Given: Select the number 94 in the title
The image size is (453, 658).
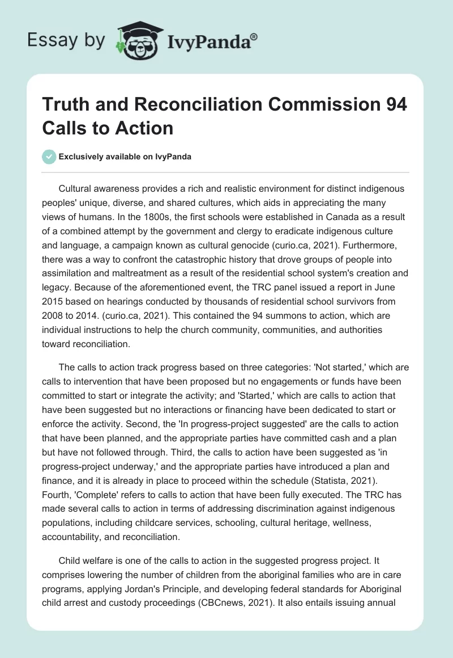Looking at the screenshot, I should [x=392, y=105].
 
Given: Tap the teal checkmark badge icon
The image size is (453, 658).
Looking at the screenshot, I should [x=49, y=157].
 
